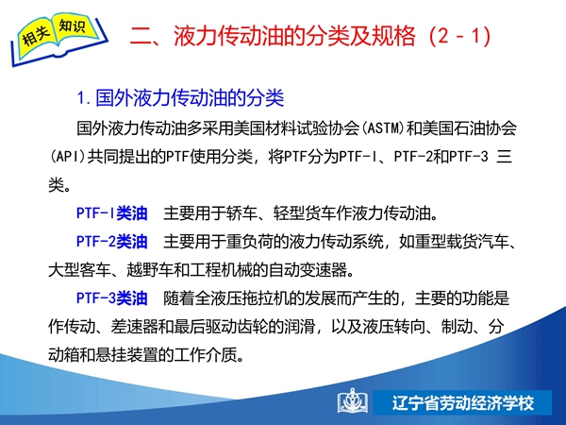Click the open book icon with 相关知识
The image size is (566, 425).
[x=58, y=39]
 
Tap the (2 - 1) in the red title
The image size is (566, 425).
[x=460, y=36]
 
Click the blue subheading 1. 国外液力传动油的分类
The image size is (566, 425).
[x=180, y=97]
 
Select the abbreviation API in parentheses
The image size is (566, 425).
[x=68, y=157]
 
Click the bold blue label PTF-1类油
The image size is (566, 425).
[x=112, y=213]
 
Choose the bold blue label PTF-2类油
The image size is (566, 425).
[x=112, y=242]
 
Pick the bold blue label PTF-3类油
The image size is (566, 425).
[x=112, y=298]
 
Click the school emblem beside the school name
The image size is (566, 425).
[x=353, y=400]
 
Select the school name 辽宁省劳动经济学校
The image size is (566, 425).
[x=463, y=403]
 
